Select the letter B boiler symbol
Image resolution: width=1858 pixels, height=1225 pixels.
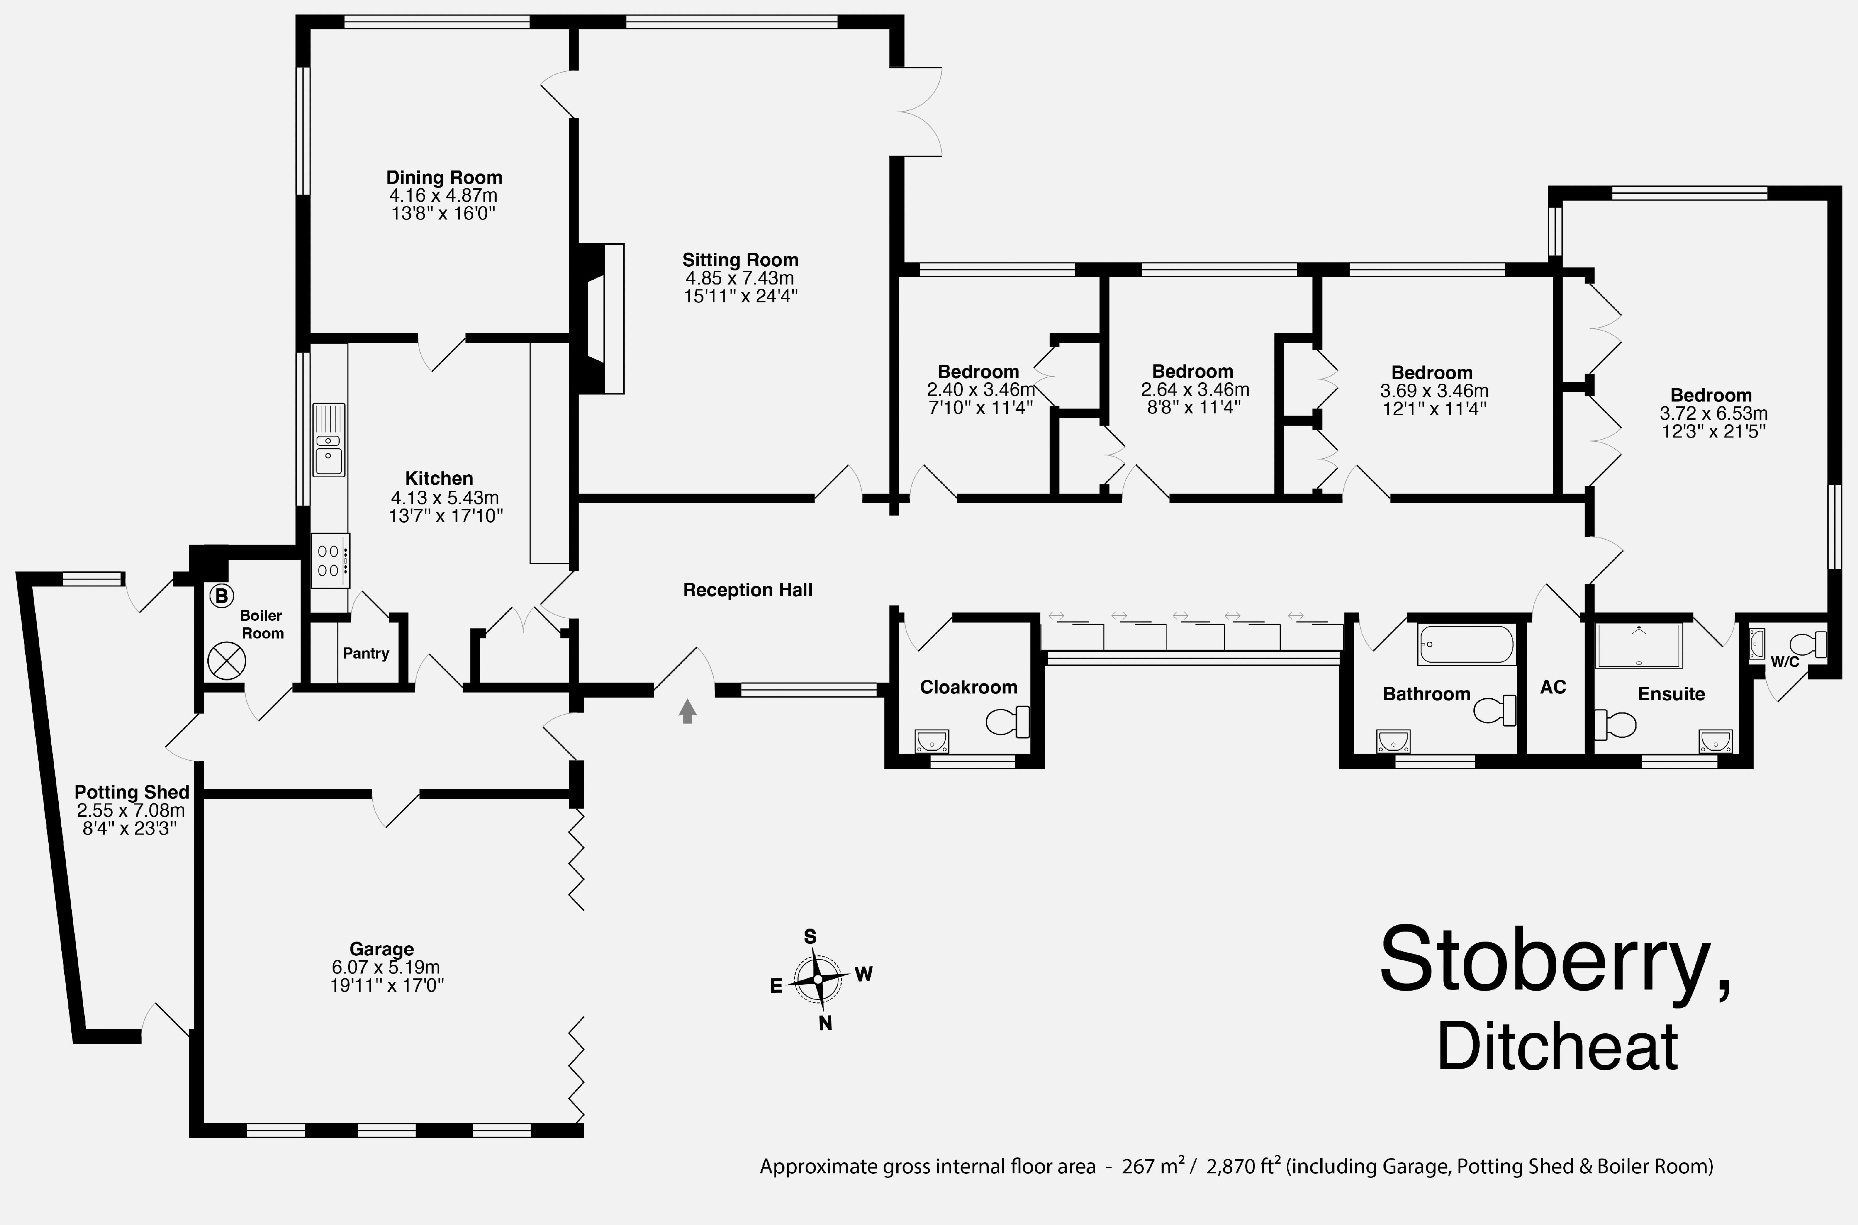(x=222, y=596)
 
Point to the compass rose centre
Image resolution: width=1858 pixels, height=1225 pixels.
(x=818, y=979)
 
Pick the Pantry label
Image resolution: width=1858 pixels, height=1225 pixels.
(x=366, y=653)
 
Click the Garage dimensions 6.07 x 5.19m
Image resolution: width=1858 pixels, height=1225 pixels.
(x=385, y=967)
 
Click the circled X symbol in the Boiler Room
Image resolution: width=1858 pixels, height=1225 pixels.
(x=227, y=661)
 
